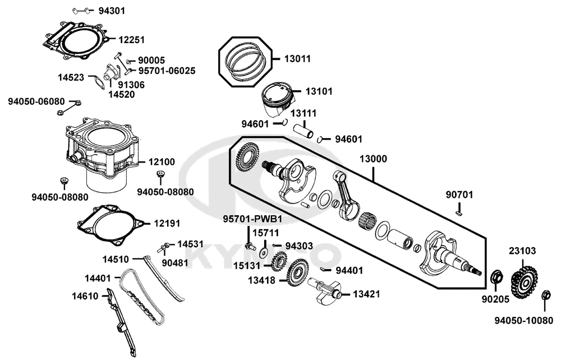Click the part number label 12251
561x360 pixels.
coord(132,39)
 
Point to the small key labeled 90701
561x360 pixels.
coord(459,212)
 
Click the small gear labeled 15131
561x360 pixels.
coord(279,261)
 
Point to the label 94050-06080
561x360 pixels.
coord(37,101)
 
